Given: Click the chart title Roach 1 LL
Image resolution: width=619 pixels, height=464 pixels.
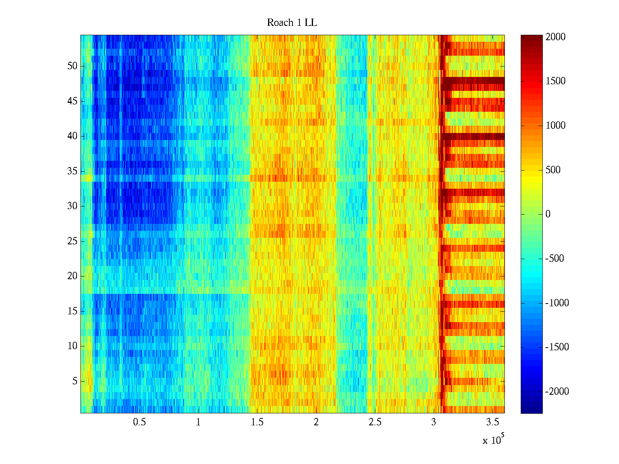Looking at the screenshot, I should (x=292, y=23).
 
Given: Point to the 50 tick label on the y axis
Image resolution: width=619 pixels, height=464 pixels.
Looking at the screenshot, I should (x=72, y=66).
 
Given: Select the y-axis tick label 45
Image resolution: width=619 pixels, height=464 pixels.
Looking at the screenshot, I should (x=72, y=101).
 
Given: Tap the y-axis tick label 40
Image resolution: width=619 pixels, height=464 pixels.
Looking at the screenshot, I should (x=72, y=136).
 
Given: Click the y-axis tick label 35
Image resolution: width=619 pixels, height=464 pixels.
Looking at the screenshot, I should (x=72, y=171).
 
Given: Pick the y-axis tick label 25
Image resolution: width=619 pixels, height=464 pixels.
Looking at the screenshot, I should (x=72, y=241).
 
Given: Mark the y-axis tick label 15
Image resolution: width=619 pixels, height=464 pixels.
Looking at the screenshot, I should (x=72, y=311).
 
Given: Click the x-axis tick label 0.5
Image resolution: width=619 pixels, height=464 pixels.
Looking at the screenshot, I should (x=140, y=422).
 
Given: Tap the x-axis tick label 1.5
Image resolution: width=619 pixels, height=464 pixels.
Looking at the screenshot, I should (x=257, y=422).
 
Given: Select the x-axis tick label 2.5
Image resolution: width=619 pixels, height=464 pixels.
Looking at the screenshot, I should (x=375, y=422).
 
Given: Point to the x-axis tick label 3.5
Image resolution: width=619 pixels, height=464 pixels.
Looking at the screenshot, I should (x=492, y=422).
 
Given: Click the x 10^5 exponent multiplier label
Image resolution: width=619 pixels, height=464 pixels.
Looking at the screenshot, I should (x=493, y=440).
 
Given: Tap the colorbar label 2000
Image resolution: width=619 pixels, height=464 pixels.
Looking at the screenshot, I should (x=556, y=37).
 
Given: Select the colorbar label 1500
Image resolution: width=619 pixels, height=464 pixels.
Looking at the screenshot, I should (x=556, y=81).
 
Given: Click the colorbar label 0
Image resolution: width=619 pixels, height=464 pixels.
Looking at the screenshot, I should (x=548, y=214).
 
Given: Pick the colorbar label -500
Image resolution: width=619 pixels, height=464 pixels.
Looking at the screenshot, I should (x=555, y=259).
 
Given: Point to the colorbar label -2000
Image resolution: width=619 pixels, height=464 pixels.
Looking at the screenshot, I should (x=557, y=392).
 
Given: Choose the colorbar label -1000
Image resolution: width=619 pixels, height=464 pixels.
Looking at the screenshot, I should (x=557, y=303).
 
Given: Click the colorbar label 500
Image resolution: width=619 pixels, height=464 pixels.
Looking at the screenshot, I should (x=553, y=170).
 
